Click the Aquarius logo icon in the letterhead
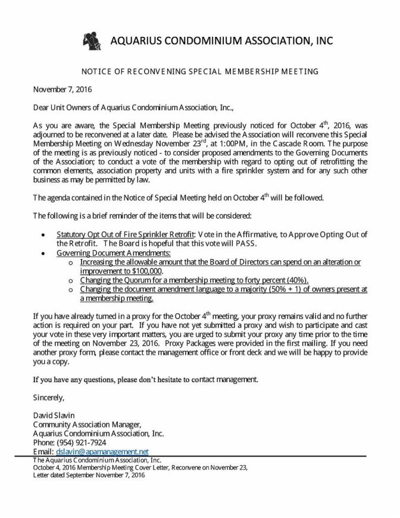coord(92,40)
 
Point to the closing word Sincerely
coord(48,397)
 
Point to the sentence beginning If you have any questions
coord(146,379)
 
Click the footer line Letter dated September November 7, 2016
coord(89,475)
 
